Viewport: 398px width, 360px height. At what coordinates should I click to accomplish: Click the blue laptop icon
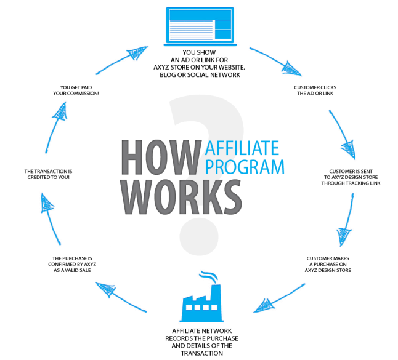coord(200,26)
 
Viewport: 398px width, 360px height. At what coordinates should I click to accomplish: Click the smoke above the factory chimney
coord(209,277)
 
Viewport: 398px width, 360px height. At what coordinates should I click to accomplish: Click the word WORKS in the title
coord(181,197)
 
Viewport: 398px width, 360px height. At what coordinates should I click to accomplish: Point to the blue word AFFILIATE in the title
coord(242,148)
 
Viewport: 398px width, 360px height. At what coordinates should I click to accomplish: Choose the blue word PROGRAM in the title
coord(245,167)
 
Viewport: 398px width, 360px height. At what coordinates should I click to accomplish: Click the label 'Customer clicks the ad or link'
coord(315,90)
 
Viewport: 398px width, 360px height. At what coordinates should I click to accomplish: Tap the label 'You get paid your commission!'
coord(76,90)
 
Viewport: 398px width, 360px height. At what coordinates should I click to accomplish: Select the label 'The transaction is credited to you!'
coord(48,174)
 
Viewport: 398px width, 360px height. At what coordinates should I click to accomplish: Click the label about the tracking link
coord(351,177)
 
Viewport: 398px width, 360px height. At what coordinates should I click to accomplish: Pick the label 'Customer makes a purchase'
coord(328,264)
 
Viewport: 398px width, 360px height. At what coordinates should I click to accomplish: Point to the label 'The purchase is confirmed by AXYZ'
coord(72,264)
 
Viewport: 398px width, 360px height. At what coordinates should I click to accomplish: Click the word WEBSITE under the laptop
coord(232,68)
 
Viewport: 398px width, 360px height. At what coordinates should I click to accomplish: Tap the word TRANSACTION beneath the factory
coord(202,353)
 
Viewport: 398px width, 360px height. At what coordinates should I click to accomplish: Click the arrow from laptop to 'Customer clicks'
coord(275,61)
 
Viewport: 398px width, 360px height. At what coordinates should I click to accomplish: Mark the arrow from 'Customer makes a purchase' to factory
coord(279,298)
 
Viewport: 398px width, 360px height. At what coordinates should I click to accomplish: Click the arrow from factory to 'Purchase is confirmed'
coord(121,297)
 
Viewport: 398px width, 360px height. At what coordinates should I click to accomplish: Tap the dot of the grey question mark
coord(199,236)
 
